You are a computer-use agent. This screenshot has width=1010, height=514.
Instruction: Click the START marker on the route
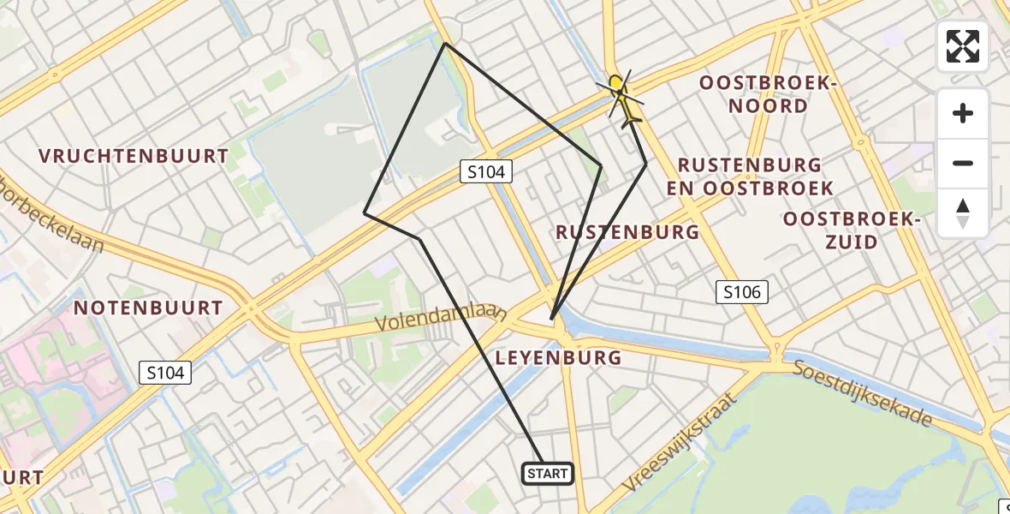click(x=547, y=473)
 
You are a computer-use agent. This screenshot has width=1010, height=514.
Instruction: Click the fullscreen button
click(x=963, y=46)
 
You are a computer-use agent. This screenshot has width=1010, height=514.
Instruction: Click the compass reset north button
click(x=963, y=213)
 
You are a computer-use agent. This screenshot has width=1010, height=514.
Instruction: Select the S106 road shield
click(x=741, y=292)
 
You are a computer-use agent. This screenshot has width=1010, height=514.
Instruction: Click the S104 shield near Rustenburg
click(x=486, y=171)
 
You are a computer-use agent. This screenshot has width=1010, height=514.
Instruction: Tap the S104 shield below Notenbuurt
click(x=165, y=372)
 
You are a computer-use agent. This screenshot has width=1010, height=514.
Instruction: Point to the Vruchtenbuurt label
click(x=134, y=156)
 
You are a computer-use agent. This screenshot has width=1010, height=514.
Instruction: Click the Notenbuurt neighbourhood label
click(x=148, y=308)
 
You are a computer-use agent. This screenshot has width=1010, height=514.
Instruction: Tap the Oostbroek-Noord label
click(x=766, y=94)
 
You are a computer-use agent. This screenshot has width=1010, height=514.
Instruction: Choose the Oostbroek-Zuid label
click(x=852, y=230)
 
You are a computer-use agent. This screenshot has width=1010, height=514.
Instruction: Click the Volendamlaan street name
click(x=442, y=319)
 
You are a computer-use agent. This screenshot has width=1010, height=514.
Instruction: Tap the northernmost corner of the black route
click(x=445, y=44)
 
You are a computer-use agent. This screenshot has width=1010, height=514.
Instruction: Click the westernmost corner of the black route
click(x=365, y=212)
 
